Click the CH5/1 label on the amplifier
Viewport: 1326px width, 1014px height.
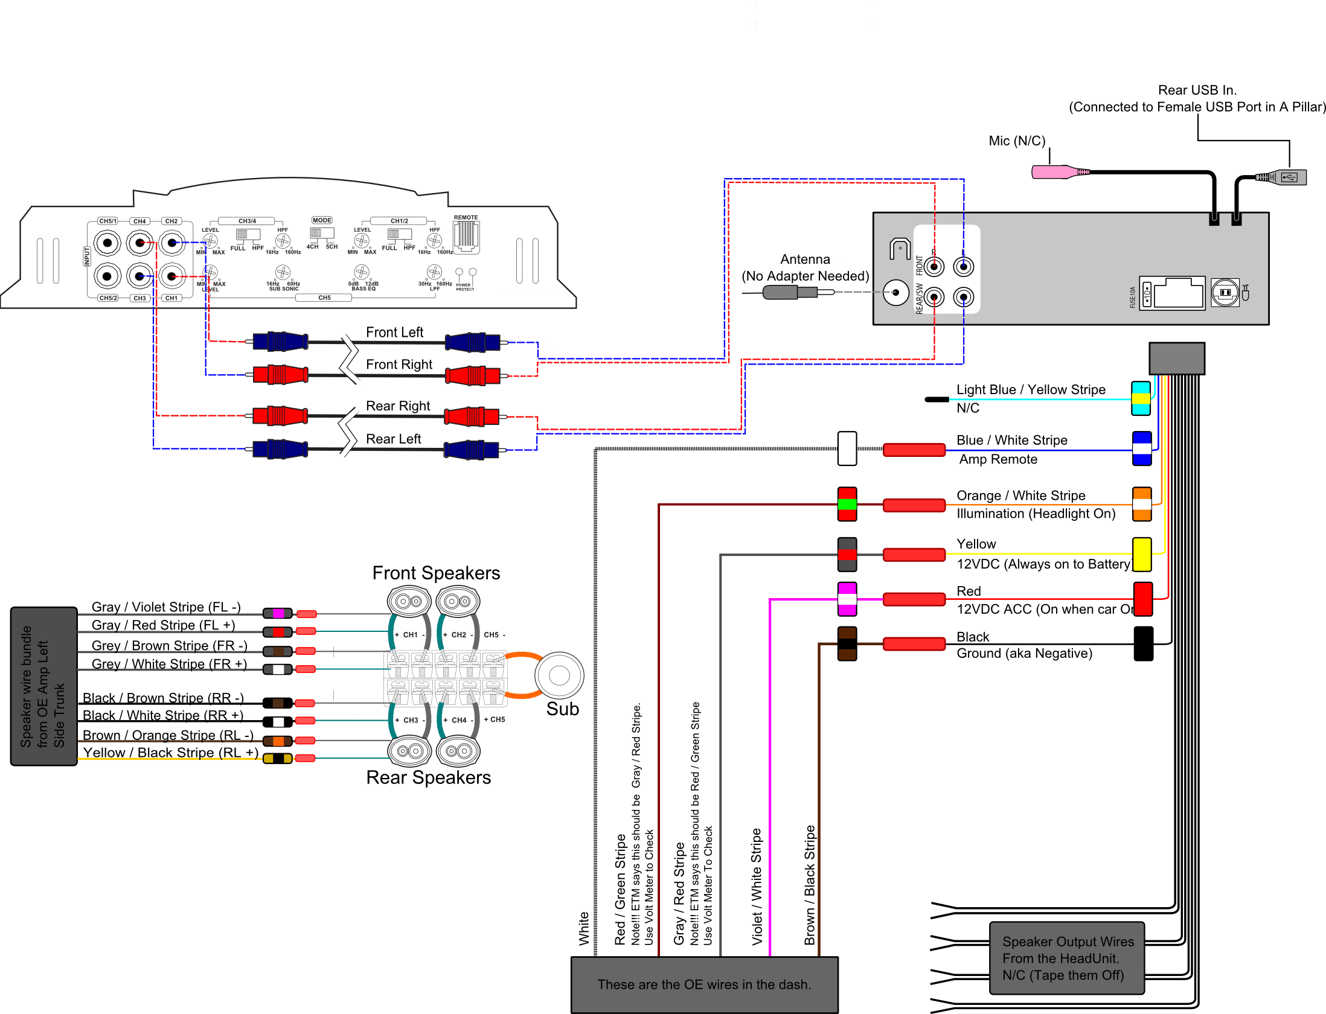(107, 221)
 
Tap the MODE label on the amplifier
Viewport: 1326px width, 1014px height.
(322, 220)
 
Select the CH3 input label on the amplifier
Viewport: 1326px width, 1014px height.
(139, 298)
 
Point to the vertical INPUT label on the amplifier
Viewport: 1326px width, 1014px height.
(87, 257)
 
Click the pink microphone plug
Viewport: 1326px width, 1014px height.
(1054, 173)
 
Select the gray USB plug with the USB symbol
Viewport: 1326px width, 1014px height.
(1289, 177)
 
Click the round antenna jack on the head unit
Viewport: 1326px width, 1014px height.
(895, 293)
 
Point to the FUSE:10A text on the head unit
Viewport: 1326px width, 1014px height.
(1133, 297)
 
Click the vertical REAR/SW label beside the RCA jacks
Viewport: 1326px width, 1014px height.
(920, 298)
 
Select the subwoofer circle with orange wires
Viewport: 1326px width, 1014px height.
(559, 676)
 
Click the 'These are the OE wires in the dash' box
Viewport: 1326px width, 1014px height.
(704, 984)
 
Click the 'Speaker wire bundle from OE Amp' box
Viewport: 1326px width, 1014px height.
(43, 686)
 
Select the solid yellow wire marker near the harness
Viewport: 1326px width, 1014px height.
(1141, 554)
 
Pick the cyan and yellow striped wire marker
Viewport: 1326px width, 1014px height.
(1140, 398)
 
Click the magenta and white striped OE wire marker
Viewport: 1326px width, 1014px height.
(847, 599)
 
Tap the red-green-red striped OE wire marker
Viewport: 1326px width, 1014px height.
(847, 504)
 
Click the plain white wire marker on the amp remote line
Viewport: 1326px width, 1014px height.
(847, 448)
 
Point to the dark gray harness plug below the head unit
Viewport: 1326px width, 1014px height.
(1176, 359)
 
